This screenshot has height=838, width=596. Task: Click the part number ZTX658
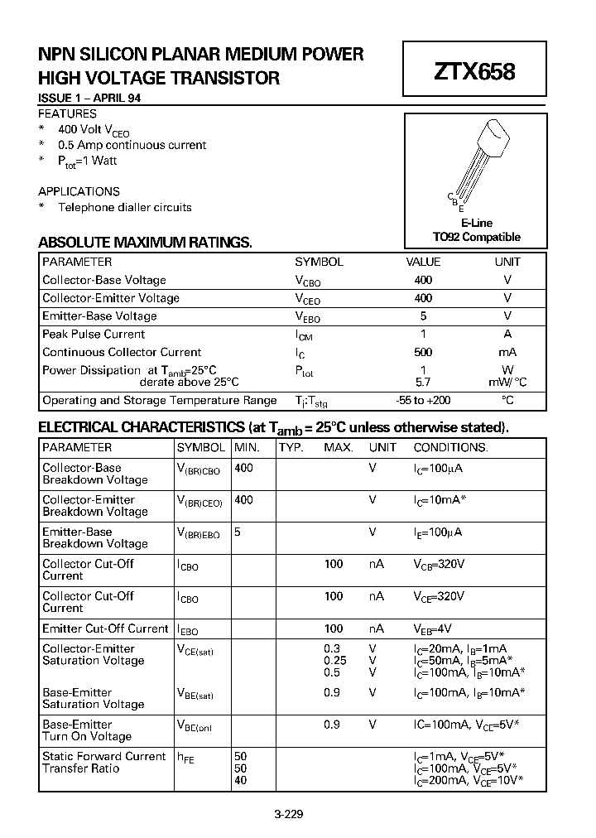pyautogui.click(x=474, y=72)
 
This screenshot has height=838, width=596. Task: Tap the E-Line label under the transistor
pyautogui.click(x=476, y=224)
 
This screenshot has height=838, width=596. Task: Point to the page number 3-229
pyautogui.click(x=288, y=813)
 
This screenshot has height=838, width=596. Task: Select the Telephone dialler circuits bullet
pyautogui.click(x=124, y=207)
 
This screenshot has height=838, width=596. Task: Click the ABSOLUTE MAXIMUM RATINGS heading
pyautogui.click(x=145, y=243)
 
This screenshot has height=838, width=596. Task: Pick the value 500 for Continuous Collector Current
pyautogui.click(x=423, y=352)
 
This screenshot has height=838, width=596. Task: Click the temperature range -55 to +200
pyautogui.click(x=423, y=400)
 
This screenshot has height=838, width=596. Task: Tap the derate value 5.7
pyautogui.click(x=423, y=382)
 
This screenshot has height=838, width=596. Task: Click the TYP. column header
pyautogui.click(x=291, y=447)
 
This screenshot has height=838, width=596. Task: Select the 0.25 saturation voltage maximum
pyautogui.click(x=334, y=661)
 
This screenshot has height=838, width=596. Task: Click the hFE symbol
pyautogui.click(x=185, y=757)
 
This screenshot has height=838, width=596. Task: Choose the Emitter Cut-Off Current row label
pyautogui.click(x=105, y=628)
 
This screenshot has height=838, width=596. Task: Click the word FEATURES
pyautogui.click(x=68, y=113)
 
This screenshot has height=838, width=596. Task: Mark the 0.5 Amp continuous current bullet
pyautogui.click(x=132, y=145)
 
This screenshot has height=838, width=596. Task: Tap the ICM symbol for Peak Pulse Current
pyautogui.click(x=305, y=335)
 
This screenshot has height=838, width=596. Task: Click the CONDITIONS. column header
pyautogui.click(x=450, y=447)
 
